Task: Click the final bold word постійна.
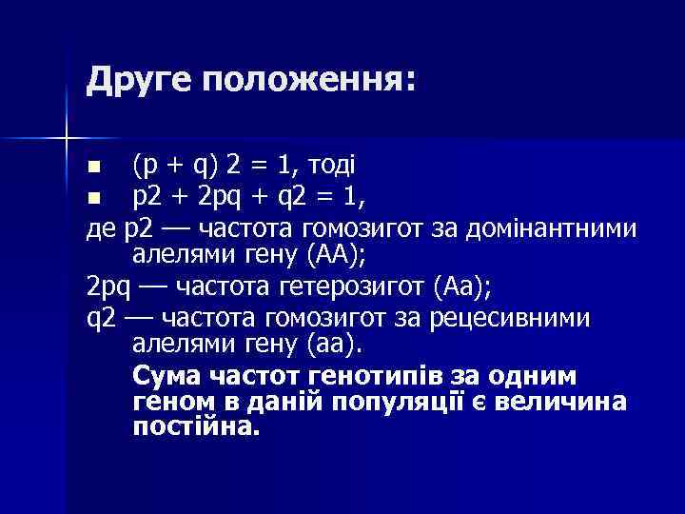(x=196, y=425)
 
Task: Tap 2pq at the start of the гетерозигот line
(x=108, y=286)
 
